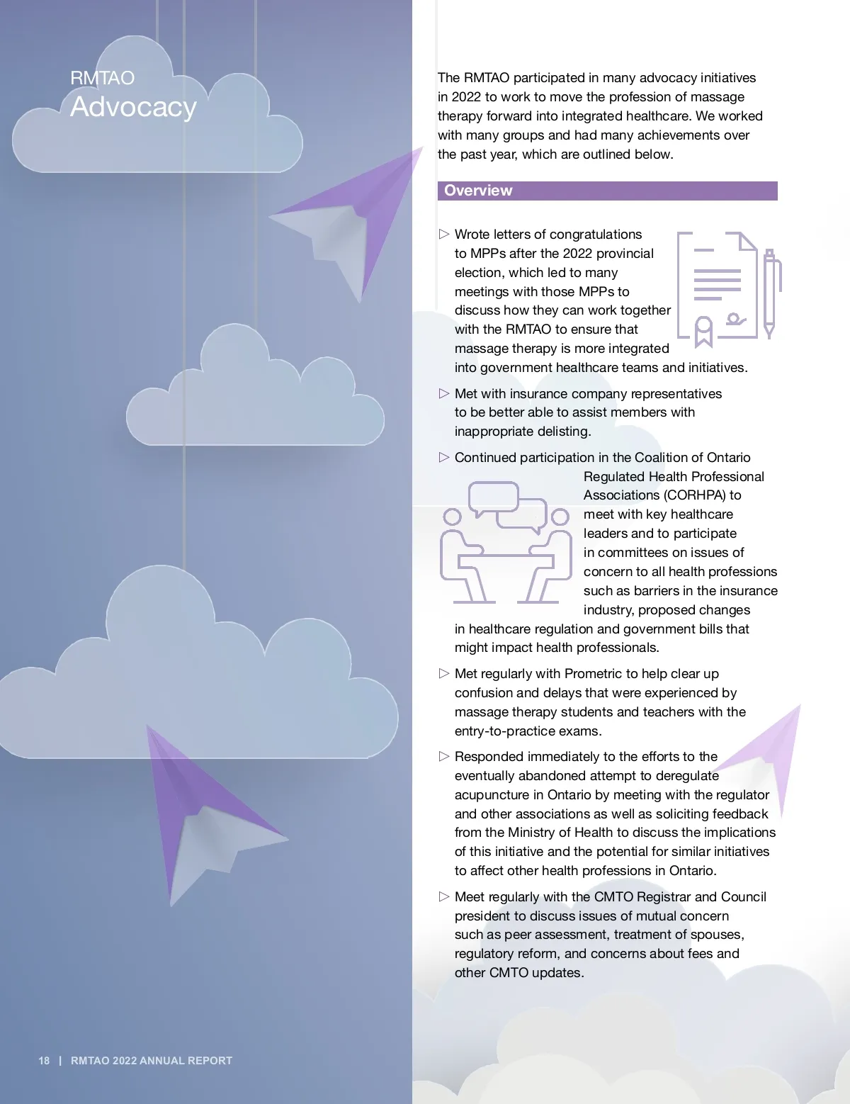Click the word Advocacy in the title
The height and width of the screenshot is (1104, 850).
[133, 107]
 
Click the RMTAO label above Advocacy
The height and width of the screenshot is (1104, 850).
[102, 78]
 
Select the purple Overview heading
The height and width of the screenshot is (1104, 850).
[478, 191]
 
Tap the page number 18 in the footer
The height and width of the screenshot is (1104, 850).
[44, 1061]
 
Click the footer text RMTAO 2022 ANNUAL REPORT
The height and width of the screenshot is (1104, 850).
[152, 1061]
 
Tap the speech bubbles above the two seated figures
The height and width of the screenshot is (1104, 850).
[508, 505]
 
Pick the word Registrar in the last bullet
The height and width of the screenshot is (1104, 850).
[662, 897]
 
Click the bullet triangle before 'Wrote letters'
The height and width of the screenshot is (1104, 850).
[444, 235]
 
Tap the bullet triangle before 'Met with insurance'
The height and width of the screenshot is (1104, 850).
[444, 394]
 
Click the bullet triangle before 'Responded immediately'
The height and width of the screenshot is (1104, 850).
[444, 757]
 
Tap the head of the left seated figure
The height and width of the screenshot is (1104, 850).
[452, 517]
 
